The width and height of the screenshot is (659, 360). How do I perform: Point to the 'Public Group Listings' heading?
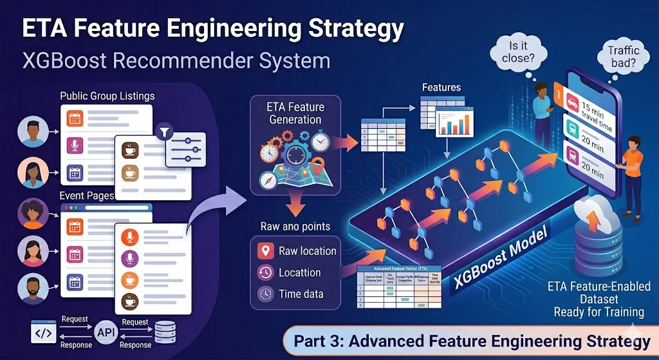pyautogui.click(x=107, y=96)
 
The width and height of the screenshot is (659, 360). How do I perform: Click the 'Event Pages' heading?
pyautogui.click(x=86, y=196)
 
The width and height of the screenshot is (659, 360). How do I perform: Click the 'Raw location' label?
pyautogui.click(x=307, y=251)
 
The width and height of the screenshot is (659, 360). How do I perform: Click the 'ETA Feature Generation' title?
pyautogui.click(x=295, y=113)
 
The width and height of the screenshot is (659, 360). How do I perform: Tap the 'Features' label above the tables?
pyautogui.click(x=442, y=87)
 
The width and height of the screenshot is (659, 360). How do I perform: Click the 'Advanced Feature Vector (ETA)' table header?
pyautogui.click(x=399, y=269)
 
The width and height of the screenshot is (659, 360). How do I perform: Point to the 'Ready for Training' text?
pyautogui.click(x=599, y=312)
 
